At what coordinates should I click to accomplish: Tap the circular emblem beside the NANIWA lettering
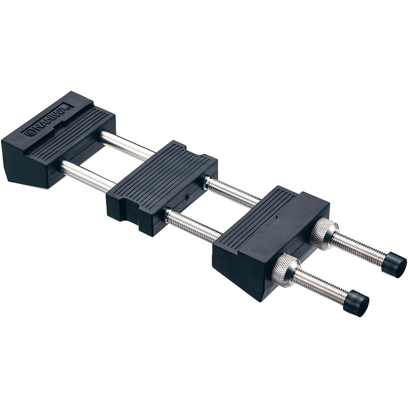[x=29, y=132]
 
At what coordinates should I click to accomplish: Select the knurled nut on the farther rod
[x=324, y=233]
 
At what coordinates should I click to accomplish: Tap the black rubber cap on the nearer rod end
[x=356, y=303]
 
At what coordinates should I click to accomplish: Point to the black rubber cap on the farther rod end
[x=395, y=265]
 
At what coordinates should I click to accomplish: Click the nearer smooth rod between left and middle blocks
[x=87, y=175]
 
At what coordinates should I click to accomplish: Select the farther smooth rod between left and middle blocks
[x=127, y=146]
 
